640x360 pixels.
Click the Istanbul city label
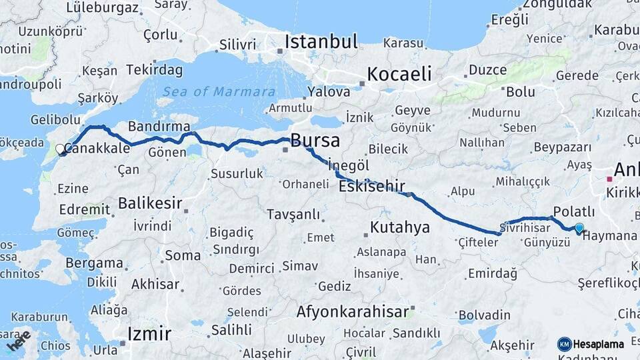click(321, 42)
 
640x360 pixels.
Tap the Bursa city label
click(315, 141)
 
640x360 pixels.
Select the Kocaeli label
click(399, 73)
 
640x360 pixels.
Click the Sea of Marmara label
click(218, 92)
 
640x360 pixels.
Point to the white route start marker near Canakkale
click(61, 150)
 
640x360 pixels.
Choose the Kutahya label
click(400, 228)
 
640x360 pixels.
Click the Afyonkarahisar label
click(352, 312)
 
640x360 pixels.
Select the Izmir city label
click(149, 333)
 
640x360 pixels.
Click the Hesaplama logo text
click(599, 345)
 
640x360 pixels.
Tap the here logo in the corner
click(18, 341)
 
